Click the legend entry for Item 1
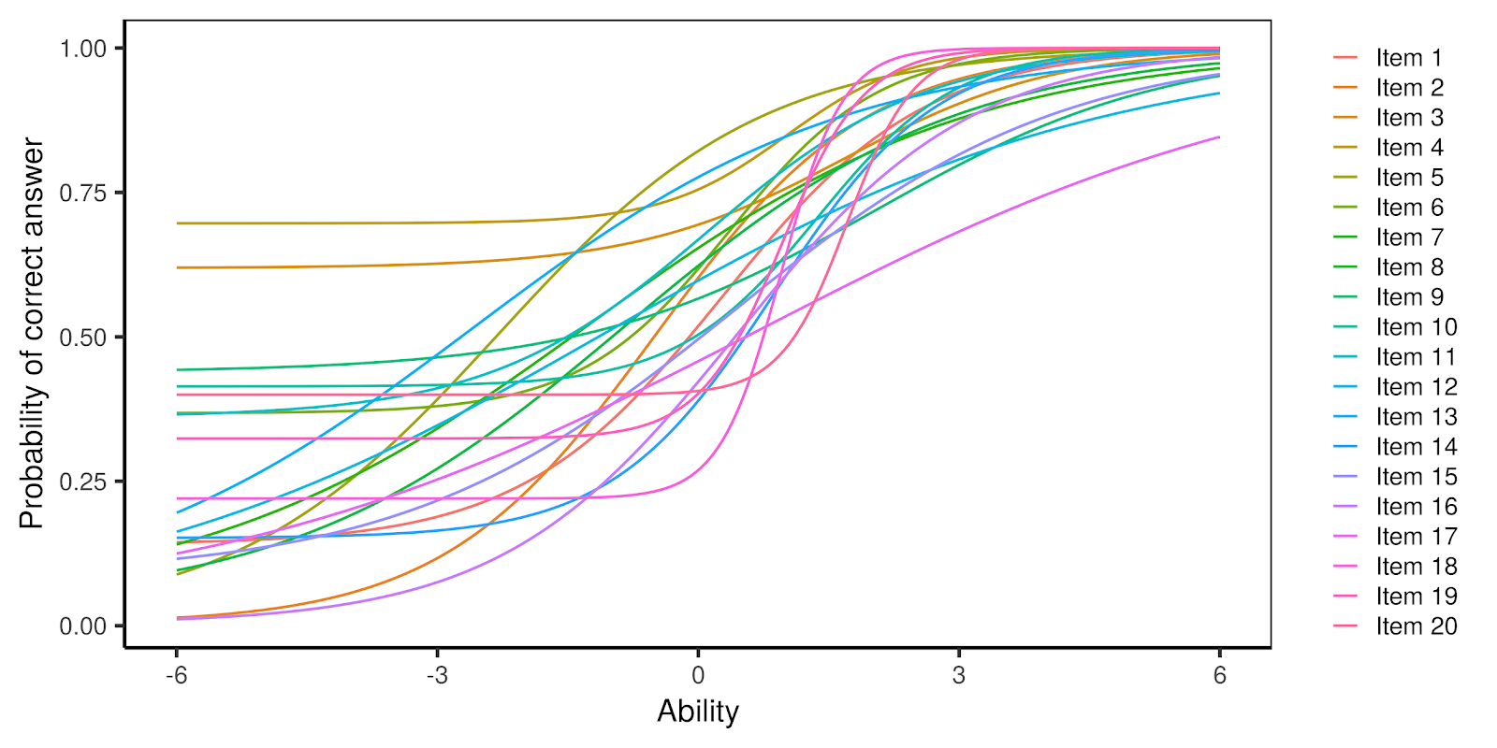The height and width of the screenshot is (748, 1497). [1408, 58]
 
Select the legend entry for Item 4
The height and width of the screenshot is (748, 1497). [1408, 148]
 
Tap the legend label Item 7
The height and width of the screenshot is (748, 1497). [1408, 237]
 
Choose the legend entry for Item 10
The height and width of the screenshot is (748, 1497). [1416, 327]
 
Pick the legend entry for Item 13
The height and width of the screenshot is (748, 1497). [1416, 417]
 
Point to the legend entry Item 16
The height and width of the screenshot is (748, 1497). [1416, 507]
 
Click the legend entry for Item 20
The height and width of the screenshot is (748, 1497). [1416, 626]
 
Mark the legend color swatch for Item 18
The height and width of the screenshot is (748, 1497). [1344, 567]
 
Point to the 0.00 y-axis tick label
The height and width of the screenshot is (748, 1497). [84, 626]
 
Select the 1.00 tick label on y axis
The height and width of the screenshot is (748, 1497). [84, 49]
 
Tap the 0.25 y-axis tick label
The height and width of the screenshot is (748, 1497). [84, 482]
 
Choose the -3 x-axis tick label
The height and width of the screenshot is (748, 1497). [437, 675]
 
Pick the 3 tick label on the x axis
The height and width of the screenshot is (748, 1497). [959, 675]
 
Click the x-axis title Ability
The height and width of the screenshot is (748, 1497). [698, 712]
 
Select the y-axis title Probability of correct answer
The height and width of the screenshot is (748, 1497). [32, 334]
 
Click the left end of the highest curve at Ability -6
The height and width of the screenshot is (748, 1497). [177, 223]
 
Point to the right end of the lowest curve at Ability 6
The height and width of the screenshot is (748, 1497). [1219, 137]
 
